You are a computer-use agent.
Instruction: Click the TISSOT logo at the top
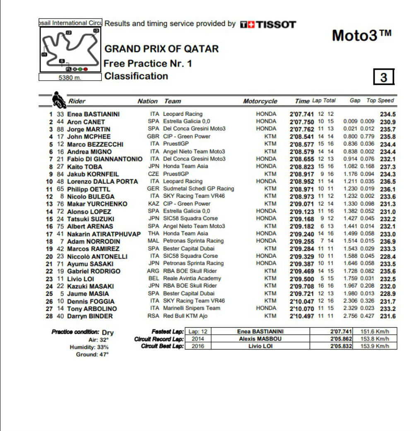click(268, 24)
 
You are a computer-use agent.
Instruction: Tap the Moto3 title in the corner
click(361, 36)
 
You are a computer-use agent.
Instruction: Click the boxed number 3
click(384, 77)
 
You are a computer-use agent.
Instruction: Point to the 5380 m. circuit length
click(70, 77)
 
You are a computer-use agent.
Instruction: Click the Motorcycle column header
click(260, 101)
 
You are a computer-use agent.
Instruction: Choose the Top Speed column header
click(380, 101)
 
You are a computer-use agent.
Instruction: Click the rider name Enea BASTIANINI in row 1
click(93, 114)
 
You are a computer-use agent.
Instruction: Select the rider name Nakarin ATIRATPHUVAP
click(104, 234)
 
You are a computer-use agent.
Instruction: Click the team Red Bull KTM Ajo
click(185, 316)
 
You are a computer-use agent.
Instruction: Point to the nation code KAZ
click(154, 204)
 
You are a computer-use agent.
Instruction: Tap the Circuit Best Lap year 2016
click(197, 346)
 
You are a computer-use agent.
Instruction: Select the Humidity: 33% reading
click(89, 347)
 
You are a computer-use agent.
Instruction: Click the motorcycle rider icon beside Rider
click(58, 100)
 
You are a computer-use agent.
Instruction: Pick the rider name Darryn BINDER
click(90, 316)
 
